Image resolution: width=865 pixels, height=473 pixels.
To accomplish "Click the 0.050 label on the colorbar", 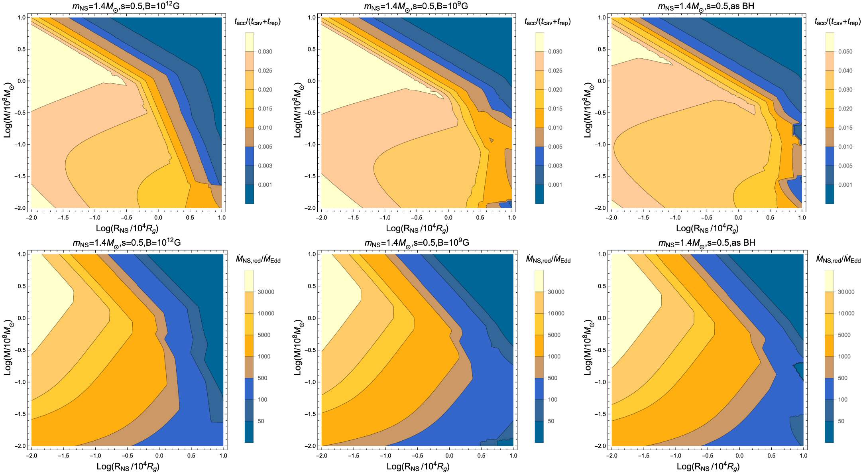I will point(845,51).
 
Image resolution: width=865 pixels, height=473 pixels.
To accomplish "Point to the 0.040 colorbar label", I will point(845,71).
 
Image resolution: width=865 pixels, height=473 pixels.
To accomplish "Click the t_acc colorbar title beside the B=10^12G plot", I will point(258,22).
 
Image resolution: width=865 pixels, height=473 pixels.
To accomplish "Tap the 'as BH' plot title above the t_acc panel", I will point(706,6).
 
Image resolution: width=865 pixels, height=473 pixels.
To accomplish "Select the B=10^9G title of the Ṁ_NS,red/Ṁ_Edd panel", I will point(417,243).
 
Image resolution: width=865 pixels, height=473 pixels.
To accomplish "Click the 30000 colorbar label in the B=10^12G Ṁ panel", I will point(266,292).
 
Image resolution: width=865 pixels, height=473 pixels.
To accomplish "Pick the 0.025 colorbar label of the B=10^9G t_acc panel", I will point(555,71).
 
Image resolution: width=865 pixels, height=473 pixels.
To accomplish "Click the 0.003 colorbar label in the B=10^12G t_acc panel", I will point(265,166).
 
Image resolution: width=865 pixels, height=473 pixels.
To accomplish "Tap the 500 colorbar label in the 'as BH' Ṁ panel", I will point(843,378).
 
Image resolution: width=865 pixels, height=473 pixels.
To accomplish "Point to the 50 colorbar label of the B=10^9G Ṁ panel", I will point(551,421).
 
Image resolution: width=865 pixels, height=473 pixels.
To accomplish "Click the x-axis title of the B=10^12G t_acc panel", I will point(127,228).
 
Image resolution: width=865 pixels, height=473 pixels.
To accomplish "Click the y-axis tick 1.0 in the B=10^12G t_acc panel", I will point(22,18).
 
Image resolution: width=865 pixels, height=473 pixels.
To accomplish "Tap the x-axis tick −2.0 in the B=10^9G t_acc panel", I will point(321,218).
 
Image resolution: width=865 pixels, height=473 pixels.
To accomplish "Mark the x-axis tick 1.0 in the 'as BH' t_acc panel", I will point(802,218).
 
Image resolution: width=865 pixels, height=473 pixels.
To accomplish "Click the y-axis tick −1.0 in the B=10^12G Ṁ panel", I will point(20,382).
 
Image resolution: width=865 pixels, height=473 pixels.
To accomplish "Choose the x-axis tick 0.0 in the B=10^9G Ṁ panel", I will point(449,455).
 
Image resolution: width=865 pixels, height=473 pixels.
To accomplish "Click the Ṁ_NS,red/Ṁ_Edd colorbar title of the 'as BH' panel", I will point(838,260).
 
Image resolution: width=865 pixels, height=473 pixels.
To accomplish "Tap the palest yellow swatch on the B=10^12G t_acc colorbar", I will point(250,42).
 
